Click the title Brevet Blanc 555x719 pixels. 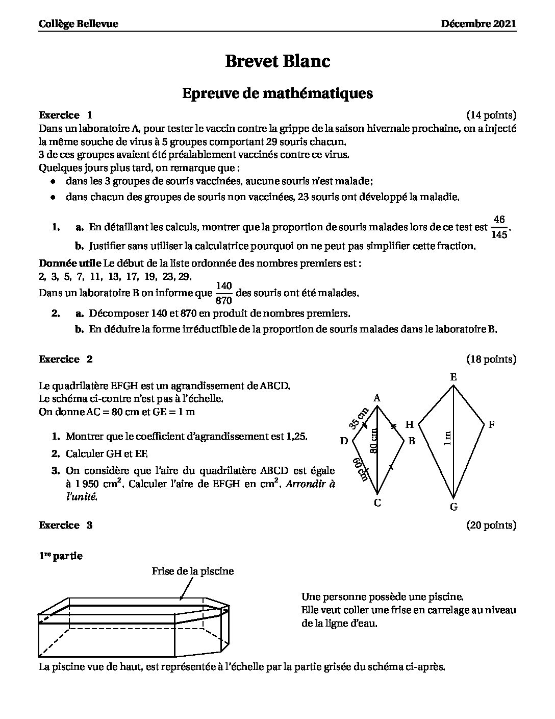[277, 61]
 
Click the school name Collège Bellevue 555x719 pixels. [79, 24]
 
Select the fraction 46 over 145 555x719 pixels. [499, 227]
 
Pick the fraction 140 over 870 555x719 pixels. [224, 293]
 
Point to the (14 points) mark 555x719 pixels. [491, 115]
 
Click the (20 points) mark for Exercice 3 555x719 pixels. [491, 525]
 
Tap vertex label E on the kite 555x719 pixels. [453, 377]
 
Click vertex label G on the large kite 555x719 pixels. [453, 507]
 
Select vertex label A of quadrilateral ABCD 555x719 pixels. [377, 398]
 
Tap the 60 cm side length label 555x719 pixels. [361, 469]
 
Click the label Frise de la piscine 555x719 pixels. [192, 571]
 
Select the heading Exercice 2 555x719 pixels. [66, 359]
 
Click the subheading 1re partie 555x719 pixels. [61, 556]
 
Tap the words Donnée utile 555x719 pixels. [70, 263]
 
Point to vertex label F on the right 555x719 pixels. [491, 424]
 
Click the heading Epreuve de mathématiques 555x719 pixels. [277, 93]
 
